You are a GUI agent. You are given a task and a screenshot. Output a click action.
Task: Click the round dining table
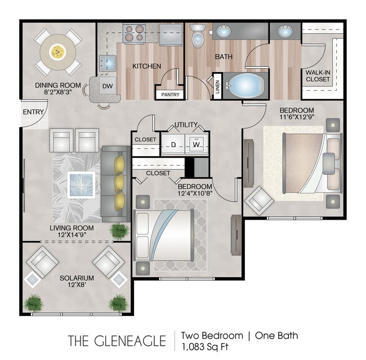tap(57, 52)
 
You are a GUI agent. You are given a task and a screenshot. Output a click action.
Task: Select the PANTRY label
tap(169, 95)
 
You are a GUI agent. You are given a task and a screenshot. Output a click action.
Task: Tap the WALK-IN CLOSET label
tap(318, 76)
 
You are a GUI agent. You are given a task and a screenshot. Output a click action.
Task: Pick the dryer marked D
tap(173, 144)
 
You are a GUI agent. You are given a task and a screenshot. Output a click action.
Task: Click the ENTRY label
tap(33, 112)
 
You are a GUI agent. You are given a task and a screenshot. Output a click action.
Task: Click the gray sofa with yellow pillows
tap(115, 184)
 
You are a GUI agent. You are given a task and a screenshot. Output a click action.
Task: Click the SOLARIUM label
tap(77, 278)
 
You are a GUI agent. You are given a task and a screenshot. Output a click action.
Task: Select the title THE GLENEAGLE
tap(117, 341)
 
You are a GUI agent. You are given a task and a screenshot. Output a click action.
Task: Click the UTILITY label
tap(185, 125)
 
